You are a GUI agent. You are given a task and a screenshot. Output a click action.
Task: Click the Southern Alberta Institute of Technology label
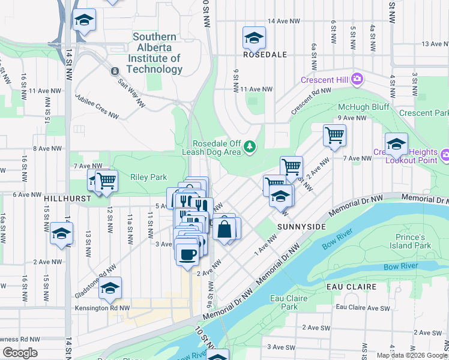point(154,53)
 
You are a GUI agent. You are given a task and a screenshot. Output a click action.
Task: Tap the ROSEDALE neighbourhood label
point(265,54)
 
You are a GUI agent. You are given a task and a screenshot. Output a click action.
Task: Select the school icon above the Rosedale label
point(254,38)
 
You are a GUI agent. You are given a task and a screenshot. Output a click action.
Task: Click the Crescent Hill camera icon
point(358,79)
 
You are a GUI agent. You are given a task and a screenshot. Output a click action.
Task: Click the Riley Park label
point(148,177)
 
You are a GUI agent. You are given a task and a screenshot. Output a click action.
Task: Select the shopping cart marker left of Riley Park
point(107,180)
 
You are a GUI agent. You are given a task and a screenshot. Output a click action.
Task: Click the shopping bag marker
point(223,230)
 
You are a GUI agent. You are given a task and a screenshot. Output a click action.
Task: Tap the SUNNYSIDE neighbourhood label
point(301,226)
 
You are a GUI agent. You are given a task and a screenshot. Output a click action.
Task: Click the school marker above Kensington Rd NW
point(110,289)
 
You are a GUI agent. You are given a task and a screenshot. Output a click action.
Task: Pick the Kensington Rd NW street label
point(102,308)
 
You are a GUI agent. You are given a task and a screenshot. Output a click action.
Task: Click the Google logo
point(20,353)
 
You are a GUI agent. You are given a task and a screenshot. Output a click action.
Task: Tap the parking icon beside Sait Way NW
point(114,71)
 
